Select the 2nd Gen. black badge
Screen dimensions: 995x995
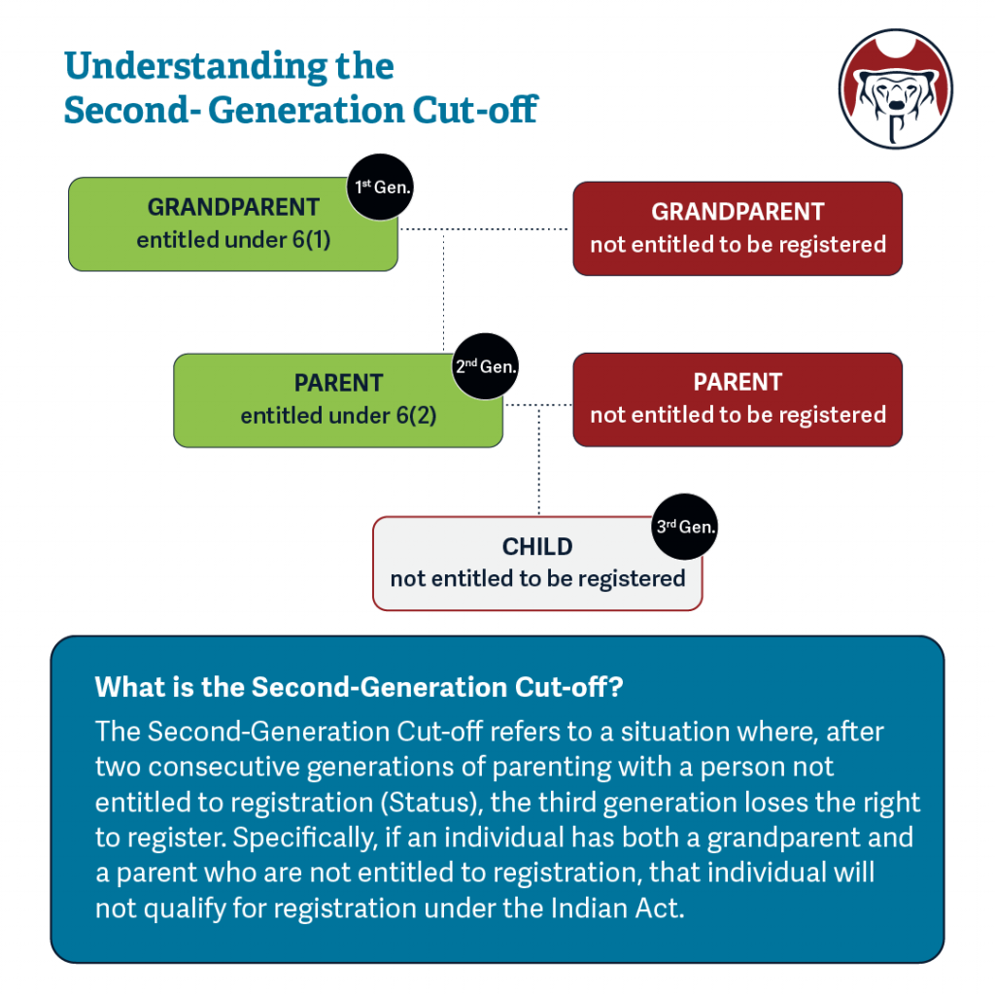click(x=486, y=367)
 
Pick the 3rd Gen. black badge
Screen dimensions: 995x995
click(x=684, y=529)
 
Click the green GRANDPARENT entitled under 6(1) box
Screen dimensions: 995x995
click(x=233, y=223)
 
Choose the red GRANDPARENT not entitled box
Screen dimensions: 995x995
click(x=738, y=227)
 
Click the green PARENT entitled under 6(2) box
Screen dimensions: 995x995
click(x=338, y=399)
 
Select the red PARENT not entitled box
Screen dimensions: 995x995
click(x=738, y=399)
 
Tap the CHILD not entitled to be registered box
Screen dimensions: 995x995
click(x=537, y=564)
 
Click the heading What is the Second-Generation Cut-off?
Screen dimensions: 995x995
click(x=359, y=687)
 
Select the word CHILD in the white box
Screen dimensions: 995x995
click(x=537, y=547)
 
